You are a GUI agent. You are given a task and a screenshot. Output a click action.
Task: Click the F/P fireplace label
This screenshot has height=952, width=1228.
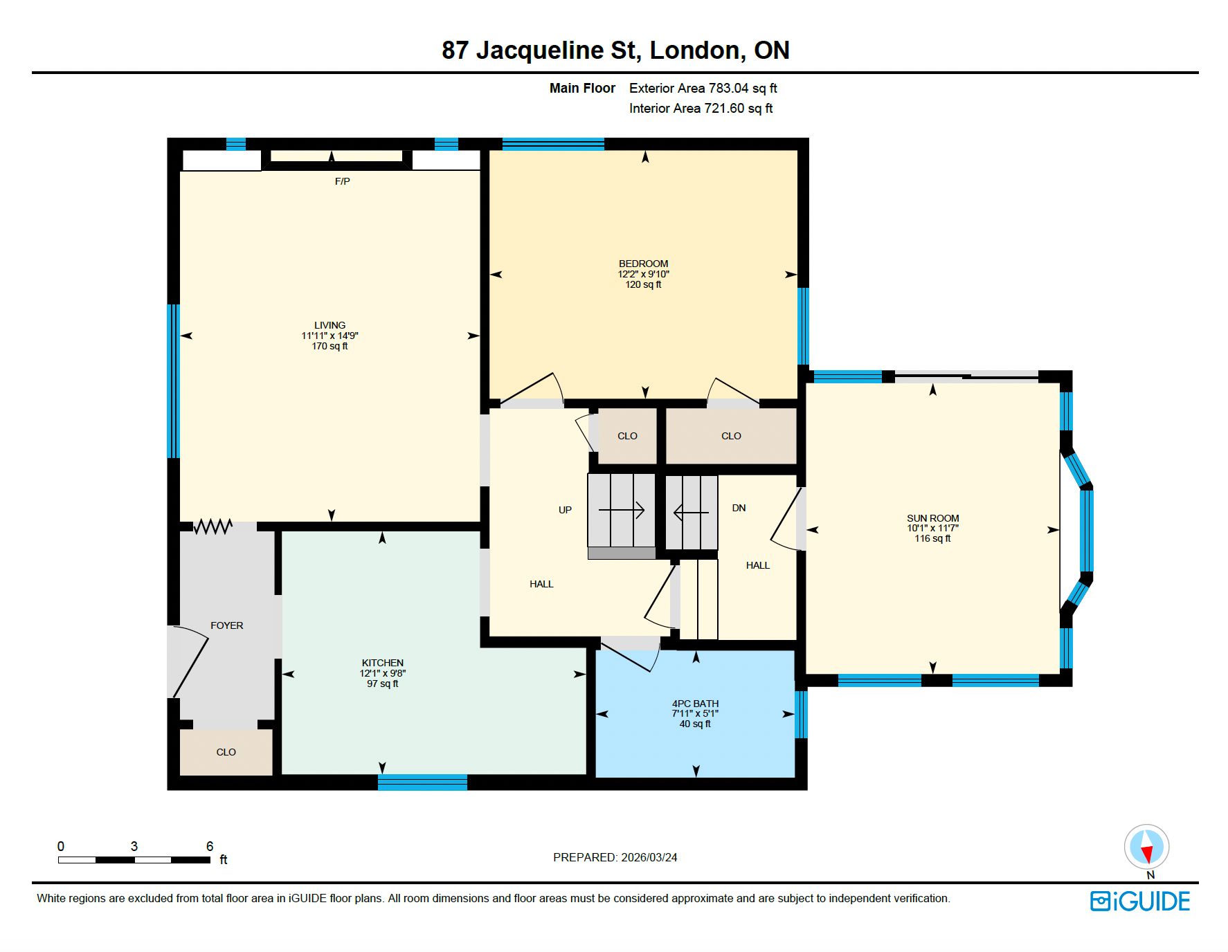[342, 181]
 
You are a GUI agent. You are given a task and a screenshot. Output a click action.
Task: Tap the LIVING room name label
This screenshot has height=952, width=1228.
[329, 325]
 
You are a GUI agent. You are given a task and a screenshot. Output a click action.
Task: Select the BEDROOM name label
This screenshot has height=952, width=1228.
[643, 264]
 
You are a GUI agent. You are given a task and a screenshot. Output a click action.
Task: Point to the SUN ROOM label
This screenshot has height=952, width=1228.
[932, 518]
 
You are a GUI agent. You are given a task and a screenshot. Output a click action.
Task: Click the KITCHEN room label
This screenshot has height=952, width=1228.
[382, 663]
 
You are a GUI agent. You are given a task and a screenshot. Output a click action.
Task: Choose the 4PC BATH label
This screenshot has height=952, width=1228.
[695, 704]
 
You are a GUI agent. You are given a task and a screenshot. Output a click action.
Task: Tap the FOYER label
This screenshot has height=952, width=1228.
[226, 625]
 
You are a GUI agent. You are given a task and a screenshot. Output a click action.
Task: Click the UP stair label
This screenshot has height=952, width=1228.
[565, 510]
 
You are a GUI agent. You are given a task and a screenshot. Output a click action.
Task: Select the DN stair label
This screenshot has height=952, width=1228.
[739, 508]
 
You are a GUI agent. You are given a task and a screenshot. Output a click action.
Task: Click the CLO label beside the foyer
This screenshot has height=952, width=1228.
[226, 752]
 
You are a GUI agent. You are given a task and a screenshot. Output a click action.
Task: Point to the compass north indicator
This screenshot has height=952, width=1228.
[1147, 848]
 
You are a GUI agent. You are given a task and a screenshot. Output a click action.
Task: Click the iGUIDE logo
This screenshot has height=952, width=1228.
[1140, 901]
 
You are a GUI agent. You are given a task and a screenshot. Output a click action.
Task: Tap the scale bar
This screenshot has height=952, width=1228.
[134, 860]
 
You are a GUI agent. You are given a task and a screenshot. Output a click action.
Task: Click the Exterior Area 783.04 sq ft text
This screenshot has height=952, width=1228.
[703, 88]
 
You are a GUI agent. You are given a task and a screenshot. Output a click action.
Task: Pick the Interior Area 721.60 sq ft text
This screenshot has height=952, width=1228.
[701, 108]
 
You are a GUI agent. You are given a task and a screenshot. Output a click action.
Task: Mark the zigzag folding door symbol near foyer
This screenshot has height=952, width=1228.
[213, 527]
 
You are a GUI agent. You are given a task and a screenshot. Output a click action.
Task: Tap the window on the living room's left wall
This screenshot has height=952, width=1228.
[173, 381]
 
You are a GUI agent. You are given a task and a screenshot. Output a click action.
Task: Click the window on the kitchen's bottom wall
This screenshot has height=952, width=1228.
[422, 782]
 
